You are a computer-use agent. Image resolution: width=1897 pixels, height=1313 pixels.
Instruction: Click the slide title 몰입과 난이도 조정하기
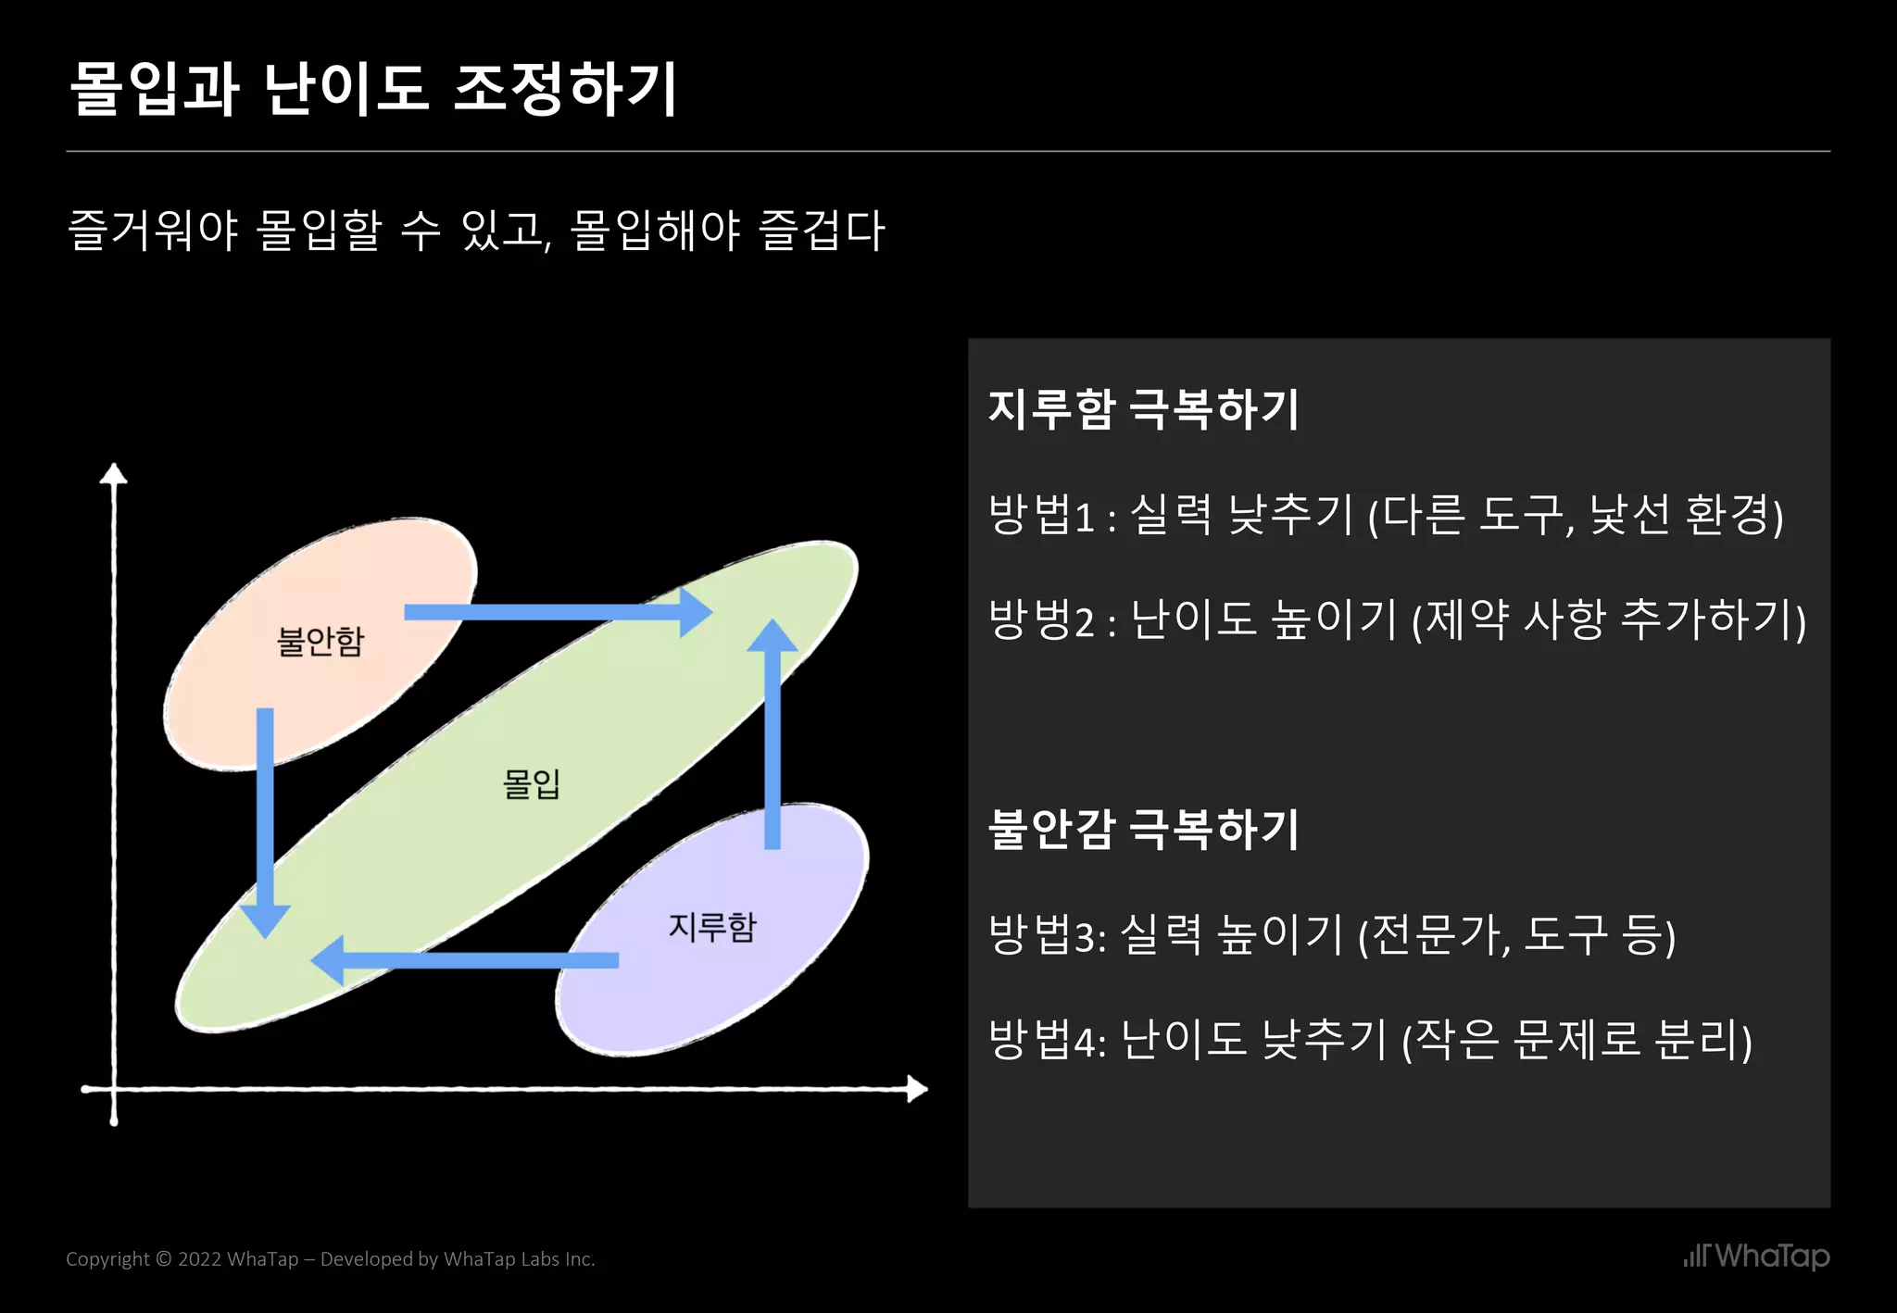point(374,90)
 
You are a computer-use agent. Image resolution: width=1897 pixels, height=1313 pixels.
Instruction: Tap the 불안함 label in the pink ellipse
point(320,641)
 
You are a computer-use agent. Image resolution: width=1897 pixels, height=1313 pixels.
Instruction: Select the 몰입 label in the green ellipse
point(532,783)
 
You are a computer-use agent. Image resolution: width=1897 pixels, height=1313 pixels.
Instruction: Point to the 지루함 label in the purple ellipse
point(712,926)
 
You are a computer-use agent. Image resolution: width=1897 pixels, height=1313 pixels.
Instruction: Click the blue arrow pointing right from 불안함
point(556,612)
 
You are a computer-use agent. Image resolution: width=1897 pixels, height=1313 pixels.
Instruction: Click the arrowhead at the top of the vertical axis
point(114,473)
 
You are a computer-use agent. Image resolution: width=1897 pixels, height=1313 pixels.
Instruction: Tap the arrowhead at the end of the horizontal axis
point(917,1089)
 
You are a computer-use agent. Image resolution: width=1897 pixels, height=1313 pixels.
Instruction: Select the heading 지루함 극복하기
point(1144,408)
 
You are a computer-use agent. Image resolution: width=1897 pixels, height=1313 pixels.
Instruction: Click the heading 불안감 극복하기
point(1144,828)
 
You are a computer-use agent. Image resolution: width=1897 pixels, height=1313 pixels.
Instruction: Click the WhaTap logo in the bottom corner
point(1756,1257)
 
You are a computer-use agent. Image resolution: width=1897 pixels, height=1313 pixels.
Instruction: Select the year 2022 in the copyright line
point(199,1259)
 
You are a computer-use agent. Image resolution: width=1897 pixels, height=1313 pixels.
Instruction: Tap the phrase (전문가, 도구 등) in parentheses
point(1517,934)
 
